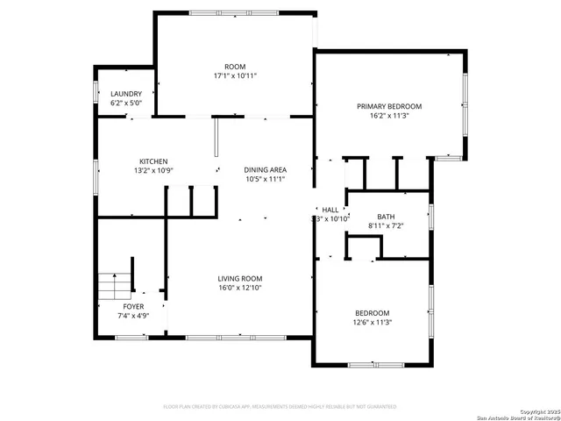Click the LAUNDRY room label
[125, 94]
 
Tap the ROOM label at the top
[235, 67]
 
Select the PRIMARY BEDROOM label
[389, 106]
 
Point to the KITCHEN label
[153, 161]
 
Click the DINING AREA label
[265, 170]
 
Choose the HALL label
[330, 210]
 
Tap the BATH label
[386, 217]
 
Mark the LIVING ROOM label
[240, 279]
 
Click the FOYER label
[133, 306]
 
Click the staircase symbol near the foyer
[110, 285]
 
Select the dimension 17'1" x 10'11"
[235, 75]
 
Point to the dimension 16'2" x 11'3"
[389, 115]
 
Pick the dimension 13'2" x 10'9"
[153, 170]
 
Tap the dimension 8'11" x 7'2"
[386, 225]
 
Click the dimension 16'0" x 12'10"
[240, 288]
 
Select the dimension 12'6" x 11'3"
[373, 322]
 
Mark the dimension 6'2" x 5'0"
[125, 103]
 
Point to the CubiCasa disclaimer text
[280, 406]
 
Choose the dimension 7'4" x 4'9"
[133, 315]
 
